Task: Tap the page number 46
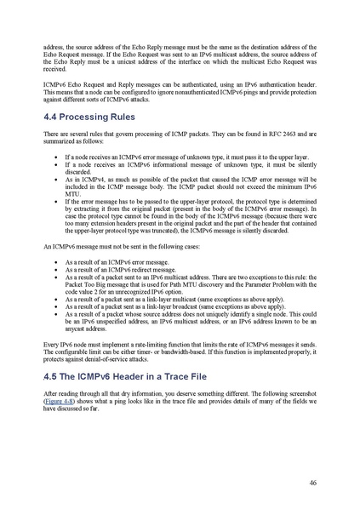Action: coord(313,482)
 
